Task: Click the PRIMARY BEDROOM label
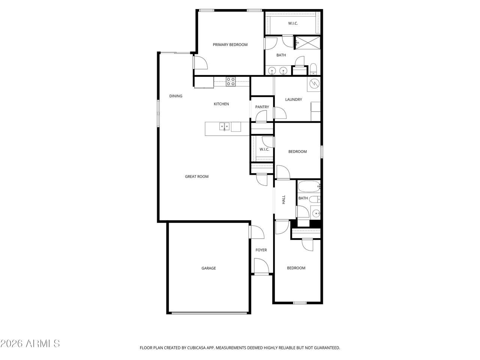(x=230, y=45)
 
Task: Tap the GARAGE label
(x=208, y=268)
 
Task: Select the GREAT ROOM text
(x=196, y=176)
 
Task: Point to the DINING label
(x=176, y=96)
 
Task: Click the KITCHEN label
(x=221, y=104)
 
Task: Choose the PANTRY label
(x=262, y=107)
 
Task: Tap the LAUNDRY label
(x=294, y=99)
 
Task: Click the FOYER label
(x=261, y=250)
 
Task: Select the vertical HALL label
(x=283, y=199)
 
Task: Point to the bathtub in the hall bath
(x=309, y=186)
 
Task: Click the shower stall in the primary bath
(x=307, y=43)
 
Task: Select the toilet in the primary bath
(x=313, y=69)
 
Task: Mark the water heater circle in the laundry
(x=314, y=83)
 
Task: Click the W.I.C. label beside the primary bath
(x=293, y=23)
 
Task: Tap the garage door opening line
(x=209, y=313)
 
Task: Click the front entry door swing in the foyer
(x=261, y=265)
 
